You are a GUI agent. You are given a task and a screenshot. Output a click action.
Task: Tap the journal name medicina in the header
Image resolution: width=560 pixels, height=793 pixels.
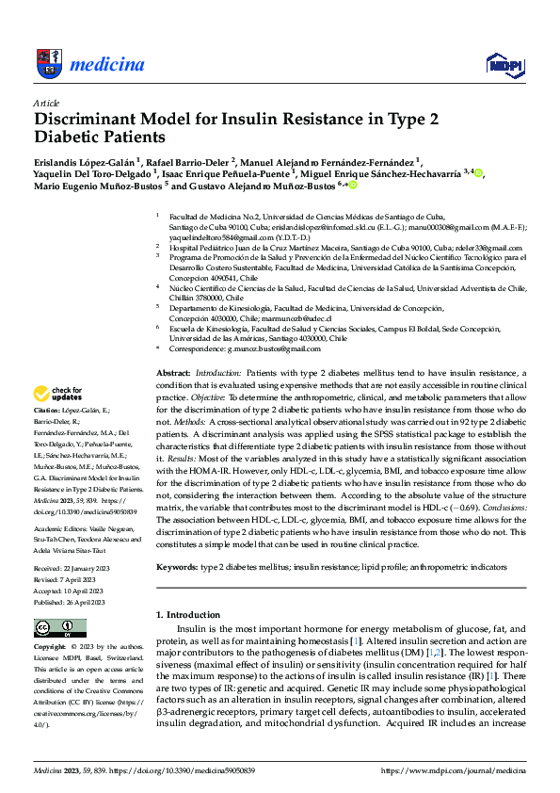point(106,65)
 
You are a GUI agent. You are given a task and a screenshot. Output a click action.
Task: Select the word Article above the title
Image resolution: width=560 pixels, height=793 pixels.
point(46,103)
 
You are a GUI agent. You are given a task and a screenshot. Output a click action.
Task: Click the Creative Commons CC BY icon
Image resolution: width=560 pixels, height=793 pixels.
point(55,628)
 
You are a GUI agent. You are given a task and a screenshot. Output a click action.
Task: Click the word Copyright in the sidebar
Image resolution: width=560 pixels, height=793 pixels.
point(51,649)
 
